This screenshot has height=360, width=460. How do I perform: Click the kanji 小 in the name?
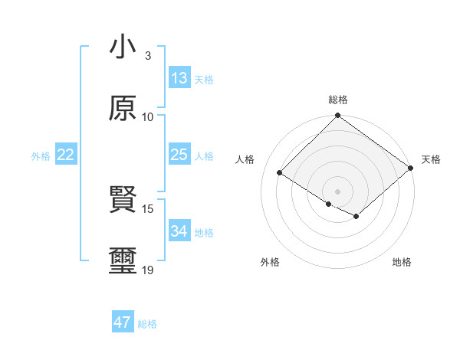coord(123,48)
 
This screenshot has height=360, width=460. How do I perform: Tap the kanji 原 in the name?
coord(123,108)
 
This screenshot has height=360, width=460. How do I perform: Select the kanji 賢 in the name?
coord(123,200)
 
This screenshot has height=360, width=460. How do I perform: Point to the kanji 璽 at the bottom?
coord(123,260)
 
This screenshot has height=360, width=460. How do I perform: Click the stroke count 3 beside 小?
coord(147,56)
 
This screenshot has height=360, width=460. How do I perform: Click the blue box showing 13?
coord(179,78)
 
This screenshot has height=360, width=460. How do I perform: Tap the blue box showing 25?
coord(179,155)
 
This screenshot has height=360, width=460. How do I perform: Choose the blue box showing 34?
coord(179,231)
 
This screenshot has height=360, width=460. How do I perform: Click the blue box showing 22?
coord(66,155)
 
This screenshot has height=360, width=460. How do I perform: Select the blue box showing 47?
coord(123,322)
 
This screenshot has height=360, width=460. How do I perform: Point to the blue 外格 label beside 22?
coord(41,156)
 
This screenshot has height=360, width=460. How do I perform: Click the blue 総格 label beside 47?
coord(147,324)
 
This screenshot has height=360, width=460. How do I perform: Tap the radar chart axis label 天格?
coord(431,159)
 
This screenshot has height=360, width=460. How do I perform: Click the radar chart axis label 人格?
coord(245,159)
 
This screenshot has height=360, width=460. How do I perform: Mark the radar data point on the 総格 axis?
coord(337,116)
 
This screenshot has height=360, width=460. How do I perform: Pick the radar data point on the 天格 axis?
coord(411,169)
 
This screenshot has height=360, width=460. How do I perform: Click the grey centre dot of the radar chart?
coord(337,191)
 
